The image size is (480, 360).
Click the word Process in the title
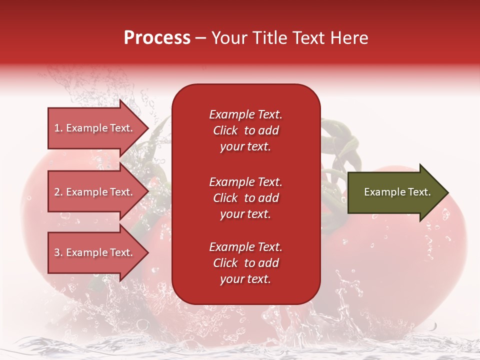point(157,38)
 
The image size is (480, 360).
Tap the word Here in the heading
point(349,38)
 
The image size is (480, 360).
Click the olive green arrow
point(395,192)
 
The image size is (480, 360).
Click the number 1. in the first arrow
point(58,128)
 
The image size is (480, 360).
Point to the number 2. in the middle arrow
point(58,192)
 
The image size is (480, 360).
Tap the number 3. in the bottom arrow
point(58,252)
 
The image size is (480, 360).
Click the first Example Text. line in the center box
point(245,114)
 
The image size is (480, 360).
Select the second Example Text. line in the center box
point(245,182)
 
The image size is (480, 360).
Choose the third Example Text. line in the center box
point(245,247)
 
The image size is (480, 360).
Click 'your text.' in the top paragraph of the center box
point(245,147)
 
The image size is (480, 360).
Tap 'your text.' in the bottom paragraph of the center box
point(245,279)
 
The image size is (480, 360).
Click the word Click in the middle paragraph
point(225,198)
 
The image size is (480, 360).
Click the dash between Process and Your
point(201,38)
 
